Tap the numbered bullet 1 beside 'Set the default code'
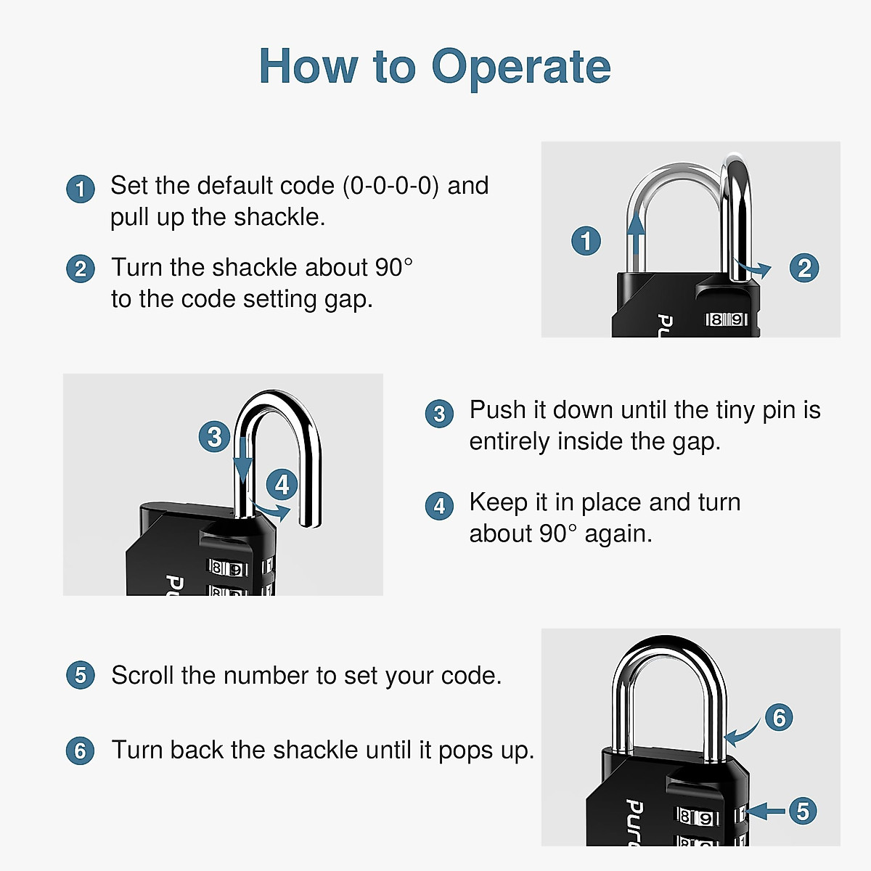(x=81, y=189)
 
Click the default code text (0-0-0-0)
(x=391, y=186)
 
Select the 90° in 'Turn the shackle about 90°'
(x=394, y=267)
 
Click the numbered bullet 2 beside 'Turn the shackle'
(x=81, y=269)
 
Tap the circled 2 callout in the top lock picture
(x=804, y=269)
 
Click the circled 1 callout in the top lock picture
(x=586, y=241)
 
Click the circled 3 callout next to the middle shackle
(x=214, y=437)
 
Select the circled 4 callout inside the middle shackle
(x=282, y=484)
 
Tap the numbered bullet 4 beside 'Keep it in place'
(x=439, y=506)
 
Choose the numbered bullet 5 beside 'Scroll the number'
(x=81, y=675)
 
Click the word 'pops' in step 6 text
(x=462, y=750)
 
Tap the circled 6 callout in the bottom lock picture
(x=779, y=718)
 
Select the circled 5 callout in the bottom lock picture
(x=803, y=811)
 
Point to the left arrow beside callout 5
(x=766, y=811)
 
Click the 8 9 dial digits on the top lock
(x=727, y=319)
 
